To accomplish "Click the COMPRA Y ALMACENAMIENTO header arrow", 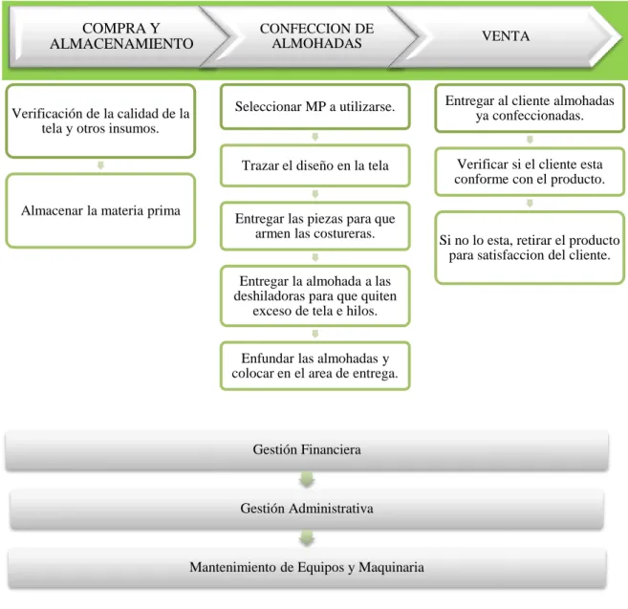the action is (120, 36).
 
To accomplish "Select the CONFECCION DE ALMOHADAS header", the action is (316, 36).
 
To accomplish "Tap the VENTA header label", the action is (506, 36).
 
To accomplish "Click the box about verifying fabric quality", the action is (100, 121).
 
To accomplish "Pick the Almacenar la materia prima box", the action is (100, 210).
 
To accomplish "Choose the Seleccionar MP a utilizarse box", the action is (315, 106).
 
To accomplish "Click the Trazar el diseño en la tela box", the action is (315, 165).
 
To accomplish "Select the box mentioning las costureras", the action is (315, 226).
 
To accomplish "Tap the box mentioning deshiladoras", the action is (315, 295).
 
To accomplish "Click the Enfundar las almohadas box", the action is (315, 366).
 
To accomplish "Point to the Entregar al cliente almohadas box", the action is (530, 108).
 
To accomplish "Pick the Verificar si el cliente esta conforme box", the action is (530, 171).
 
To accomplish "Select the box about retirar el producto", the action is (530, 248).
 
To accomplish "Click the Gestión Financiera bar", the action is (307, 449).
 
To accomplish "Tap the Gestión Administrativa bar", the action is (307, 509).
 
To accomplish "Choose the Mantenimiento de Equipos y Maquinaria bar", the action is (307, 567).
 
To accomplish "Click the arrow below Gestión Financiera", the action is (307, 480).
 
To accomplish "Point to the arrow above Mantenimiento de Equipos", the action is (307, 538).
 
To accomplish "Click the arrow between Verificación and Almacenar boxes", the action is (100, 165).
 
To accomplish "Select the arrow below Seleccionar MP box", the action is (315, 137).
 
